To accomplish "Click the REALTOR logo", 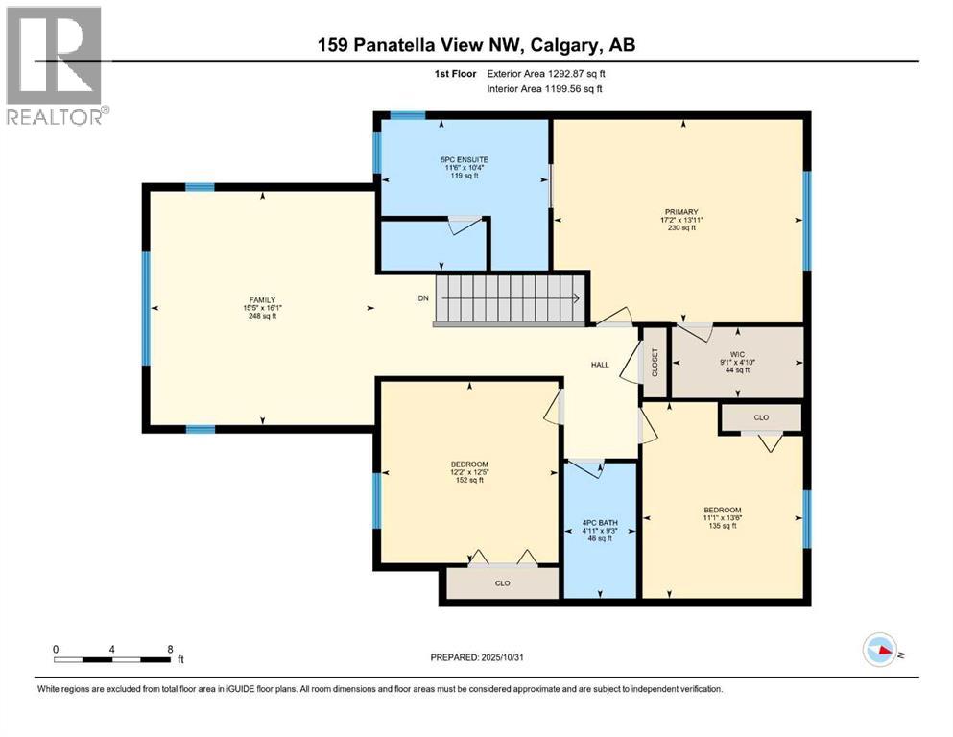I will pos(56,65).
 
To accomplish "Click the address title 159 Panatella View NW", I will pos(476,45).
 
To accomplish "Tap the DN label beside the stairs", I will pos(422,298).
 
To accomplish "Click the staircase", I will pos(510,299).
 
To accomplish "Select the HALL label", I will pos(600,365).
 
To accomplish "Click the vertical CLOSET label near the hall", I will pos(655,362).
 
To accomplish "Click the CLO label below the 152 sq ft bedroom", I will pos(502,582).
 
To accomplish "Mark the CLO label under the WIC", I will pos(761,417).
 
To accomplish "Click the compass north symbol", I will pos(880,651).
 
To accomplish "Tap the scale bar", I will pos(112,659).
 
